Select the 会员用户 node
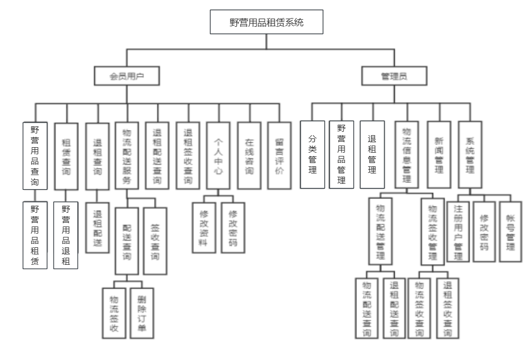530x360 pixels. tap(126, 77)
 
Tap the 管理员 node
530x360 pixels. tap(394, 77)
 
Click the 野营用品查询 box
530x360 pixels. tap(35, 155)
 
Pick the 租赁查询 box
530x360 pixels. tap(66, 155)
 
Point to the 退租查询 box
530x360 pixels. tap(97, 155)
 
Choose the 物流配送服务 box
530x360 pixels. tap(126, 155)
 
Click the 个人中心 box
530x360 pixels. tap(218, 155)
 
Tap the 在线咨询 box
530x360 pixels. tap(249, 155)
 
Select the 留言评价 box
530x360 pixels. tap(279, 155)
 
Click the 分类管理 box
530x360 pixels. tap(313, 155)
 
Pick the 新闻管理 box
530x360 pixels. tap(439, 155)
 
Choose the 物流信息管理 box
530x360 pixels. tap(407, 155)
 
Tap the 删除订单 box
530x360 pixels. tap(142, 312)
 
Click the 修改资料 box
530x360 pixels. tap(203, 228)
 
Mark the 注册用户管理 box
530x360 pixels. tap(458, 231)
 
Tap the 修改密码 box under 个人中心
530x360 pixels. tap(233, 228)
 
